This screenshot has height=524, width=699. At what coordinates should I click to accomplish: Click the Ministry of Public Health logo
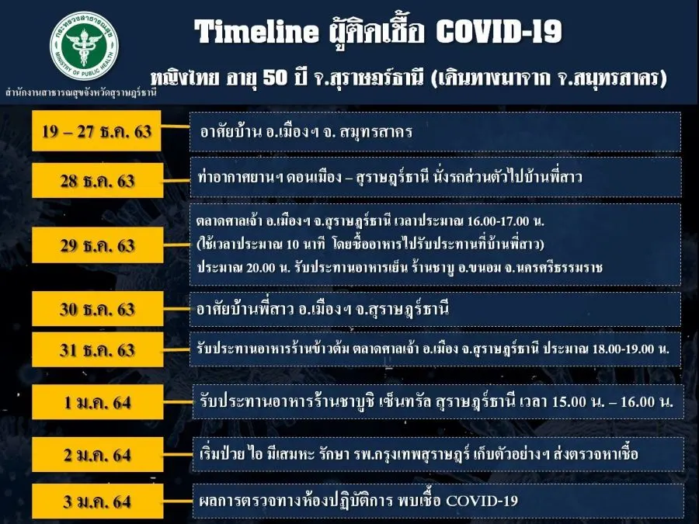tap(84, 47)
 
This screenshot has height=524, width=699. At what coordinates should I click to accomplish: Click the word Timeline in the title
tap(256, 32)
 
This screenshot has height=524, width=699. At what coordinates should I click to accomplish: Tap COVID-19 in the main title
tap(499, 32)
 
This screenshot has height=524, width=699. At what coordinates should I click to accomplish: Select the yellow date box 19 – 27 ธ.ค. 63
tap(96, 131)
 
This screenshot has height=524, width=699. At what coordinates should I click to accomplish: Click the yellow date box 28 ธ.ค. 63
tap(97, 180)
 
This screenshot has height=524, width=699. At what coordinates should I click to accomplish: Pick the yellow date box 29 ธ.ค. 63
tap(97, 245)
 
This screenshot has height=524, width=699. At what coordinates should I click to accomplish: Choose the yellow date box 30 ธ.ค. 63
tap(97, 309)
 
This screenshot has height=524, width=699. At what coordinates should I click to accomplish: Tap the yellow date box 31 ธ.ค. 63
tap(97, 350)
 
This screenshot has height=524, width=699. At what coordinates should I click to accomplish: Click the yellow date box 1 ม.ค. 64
tap(97, 402)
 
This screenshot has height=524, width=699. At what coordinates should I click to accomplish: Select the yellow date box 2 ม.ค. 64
tap(97, 455)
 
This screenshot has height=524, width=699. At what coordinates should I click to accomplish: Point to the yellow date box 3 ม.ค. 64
tap(97, 501)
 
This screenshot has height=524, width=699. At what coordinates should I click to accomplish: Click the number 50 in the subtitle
tap(275, 78)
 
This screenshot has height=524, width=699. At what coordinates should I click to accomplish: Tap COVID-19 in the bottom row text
tap(482, 501)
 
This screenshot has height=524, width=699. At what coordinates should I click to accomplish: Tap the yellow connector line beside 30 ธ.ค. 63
tap(176, 309)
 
